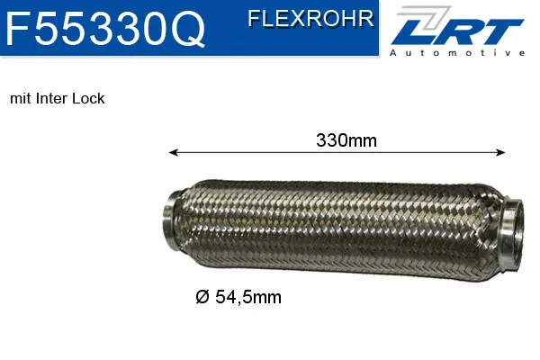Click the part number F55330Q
coord(105,30)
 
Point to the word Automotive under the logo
coord(457,53)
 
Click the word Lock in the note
coord(90,98)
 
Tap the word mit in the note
coord(20,98)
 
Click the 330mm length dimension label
coord(346,139)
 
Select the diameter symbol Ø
coord(202,296)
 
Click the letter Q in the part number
coord(186,30)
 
